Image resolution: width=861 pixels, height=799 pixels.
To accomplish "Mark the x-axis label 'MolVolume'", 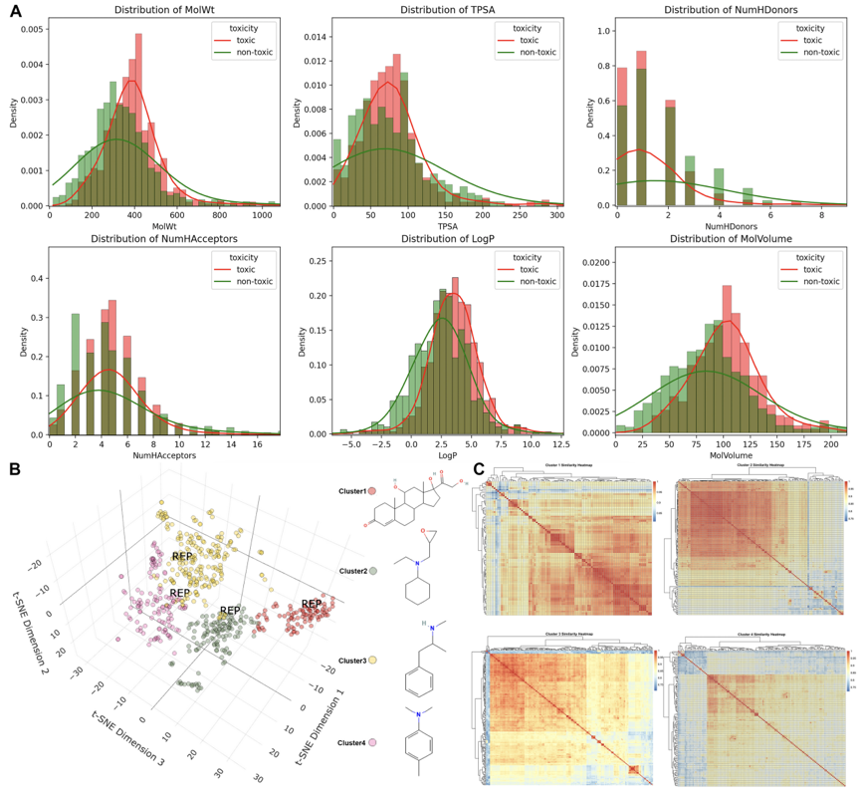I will pyautogui.click(x=732, y=454).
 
